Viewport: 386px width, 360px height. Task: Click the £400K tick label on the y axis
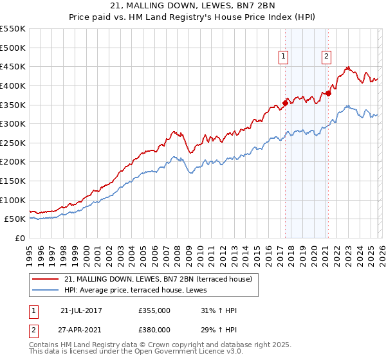[x=13, y=85]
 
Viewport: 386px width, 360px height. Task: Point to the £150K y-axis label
[x=13, y=181]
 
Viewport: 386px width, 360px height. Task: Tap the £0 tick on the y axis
[x=21, y=238]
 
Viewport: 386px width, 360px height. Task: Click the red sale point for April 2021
[x=328, y=93]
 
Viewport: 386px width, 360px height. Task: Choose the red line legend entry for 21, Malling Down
[x=161, y=279]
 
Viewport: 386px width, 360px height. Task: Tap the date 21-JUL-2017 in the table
[x=81, y=310]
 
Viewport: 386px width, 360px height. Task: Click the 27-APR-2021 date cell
[x=81, y=329]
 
